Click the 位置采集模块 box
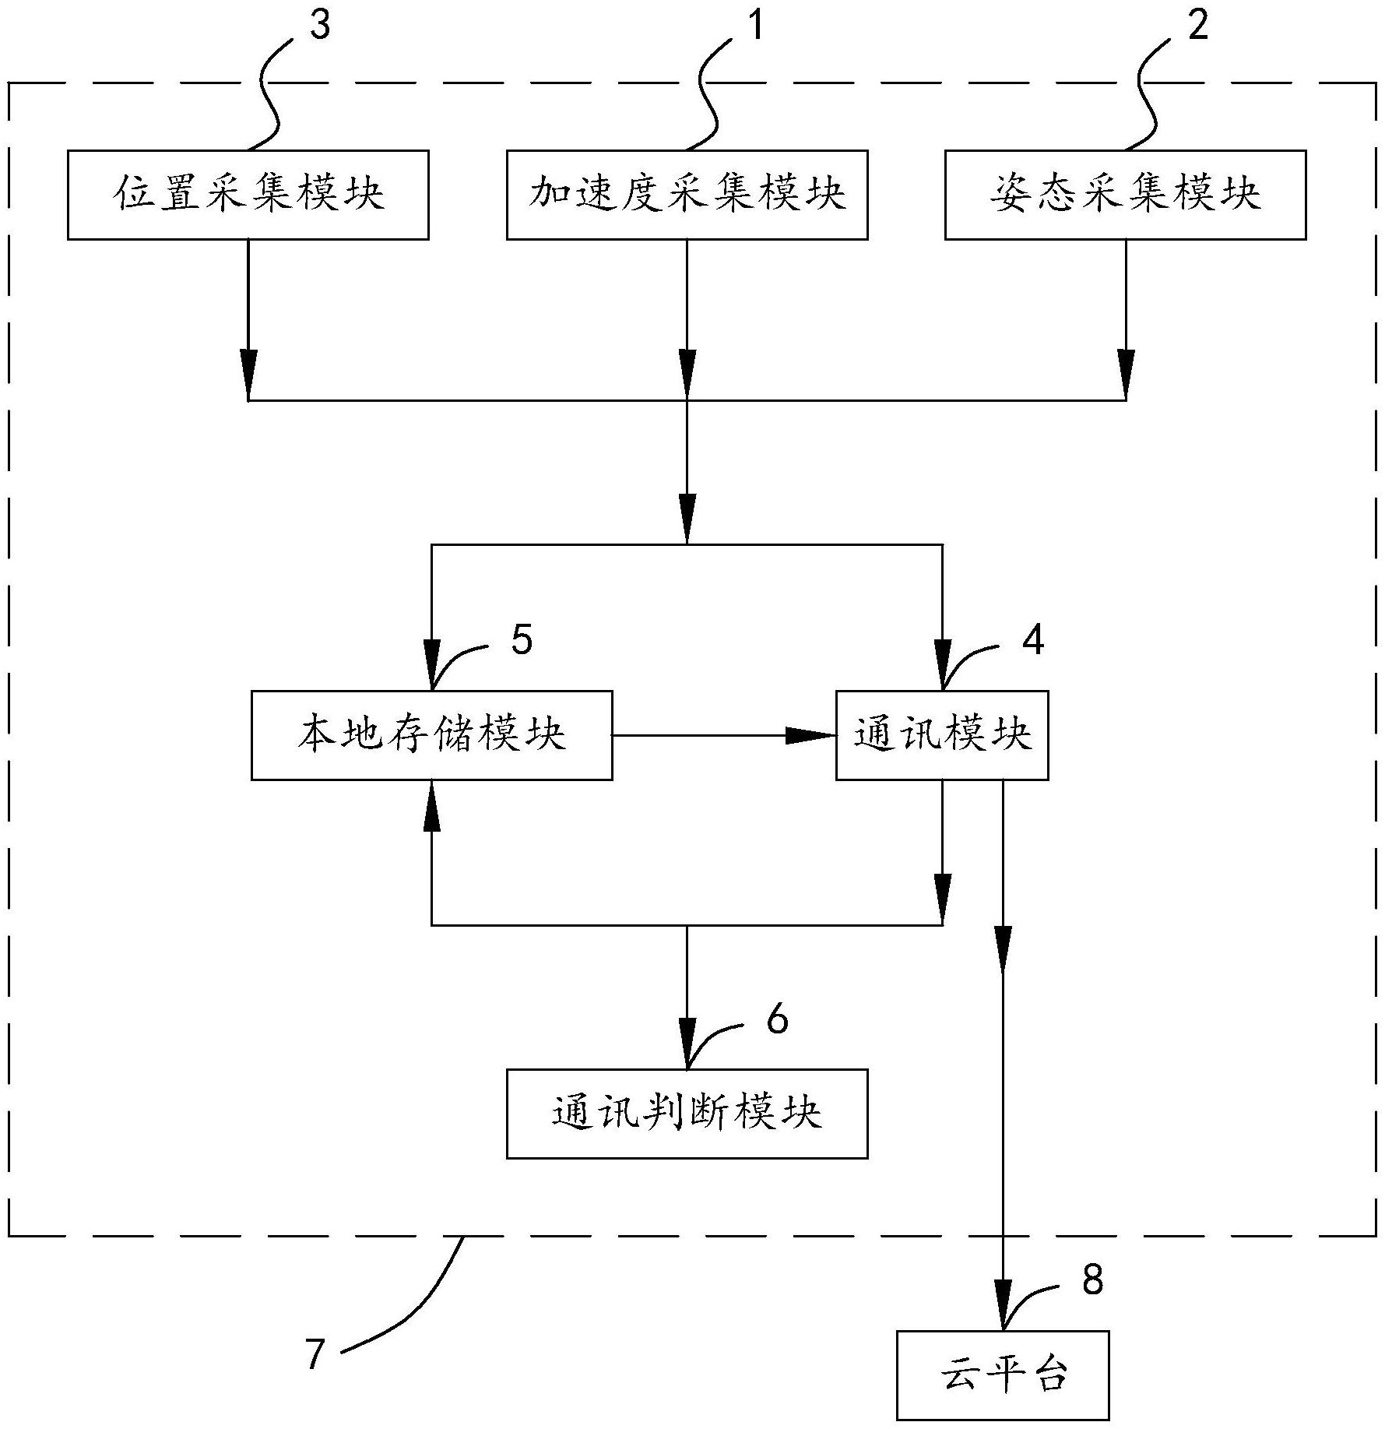pyautogui.click(x=248, y=195)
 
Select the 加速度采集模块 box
pyautogui.click(x=687, y=195)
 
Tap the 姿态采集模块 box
pyautogui.click(x=1125, y=195)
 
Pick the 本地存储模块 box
pyautogui.click(x=431, y=735)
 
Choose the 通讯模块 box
pyautogui.click(x=942, y=735)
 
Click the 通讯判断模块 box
pyautogui.click(x=687, y=1114)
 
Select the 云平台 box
pyautogui.click(x=1003, y=1375)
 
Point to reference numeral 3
pyautogui.click(x=319, y=26)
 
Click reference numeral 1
pyautogui.click(x=756, y=26)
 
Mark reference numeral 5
pyautogui.click(x=522, y=640)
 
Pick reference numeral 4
pyautogui.click(x=1033, y=640)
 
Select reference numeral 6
pyautogui.click(x=777, y=1019)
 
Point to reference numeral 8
pyautogui.click(x=1093, y=1279)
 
